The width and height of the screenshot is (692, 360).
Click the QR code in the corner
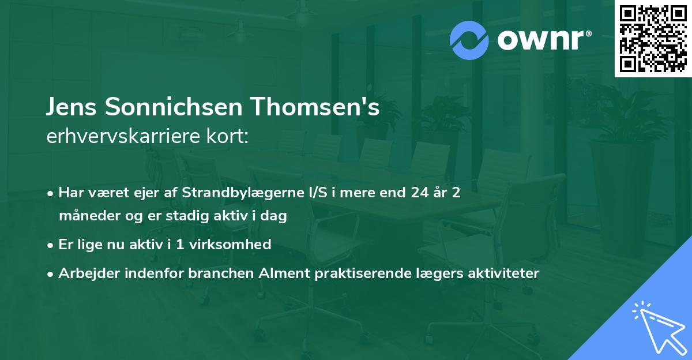coord(652,38)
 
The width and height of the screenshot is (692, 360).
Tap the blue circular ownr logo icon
coord(469,40)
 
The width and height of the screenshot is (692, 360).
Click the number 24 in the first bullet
coord(420,193)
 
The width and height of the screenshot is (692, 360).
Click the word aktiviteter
coord(503,273)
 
